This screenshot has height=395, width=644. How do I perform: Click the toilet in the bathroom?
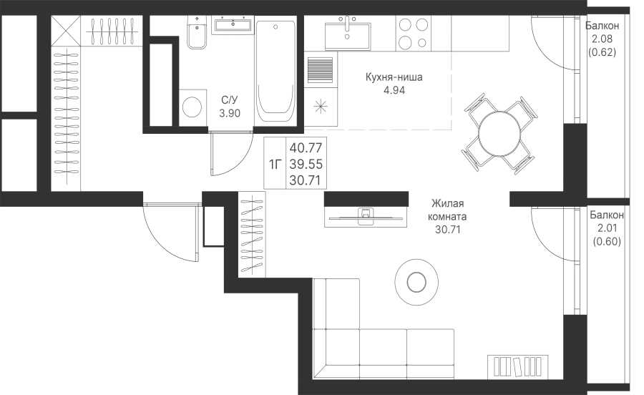197,32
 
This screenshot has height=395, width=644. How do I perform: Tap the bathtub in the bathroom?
275,71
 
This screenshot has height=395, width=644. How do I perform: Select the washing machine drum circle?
192,107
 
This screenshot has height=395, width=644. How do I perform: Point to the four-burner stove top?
413,33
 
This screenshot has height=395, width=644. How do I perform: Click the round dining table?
499,134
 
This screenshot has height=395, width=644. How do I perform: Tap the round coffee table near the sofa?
416,282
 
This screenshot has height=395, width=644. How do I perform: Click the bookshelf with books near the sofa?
518,366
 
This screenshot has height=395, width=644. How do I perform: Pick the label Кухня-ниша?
394,77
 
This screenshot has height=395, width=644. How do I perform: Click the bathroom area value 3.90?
230,113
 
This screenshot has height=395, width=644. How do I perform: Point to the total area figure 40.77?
306,147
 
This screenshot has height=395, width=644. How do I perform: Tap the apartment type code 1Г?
275,165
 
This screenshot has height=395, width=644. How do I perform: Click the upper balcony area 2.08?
602,39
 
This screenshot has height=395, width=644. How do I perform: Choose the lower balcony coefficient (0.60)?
607,242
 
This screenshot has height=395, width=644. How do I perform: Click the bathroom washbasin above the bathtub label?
233,24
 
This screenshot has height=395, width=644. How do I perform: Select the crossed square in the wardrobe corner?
65,30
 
